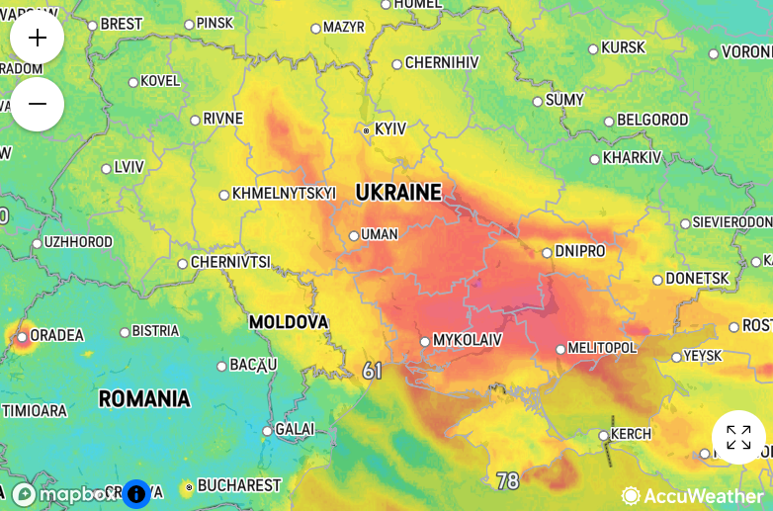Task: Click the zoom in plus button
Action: [38, 39]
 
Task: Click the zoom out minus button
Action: [38, 104]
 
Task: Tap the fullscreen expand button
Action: [738, 437]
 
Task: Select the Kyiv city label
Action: [389, 129]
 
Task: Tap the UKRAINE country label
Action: [398, 193]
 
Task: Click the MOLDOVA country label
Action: [288, 322]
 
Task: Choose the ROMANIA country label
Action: [144, 399]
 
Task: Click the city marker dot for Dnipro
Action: [547, 252]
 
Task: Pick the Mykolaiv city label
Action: [468, 340]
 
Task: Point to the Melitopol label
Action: [603, 348]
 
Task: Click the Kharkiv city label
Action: [632, 158]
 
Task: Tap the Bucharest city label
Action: [239, 486]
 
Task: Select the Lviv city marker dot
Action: [107, 168]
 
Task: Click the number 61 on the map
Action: [372, 371]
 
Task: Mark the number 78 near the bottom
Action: [507, 481]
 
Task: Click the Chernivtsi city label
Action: [230, 263]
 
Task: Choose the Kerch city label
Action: [632, 434]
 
